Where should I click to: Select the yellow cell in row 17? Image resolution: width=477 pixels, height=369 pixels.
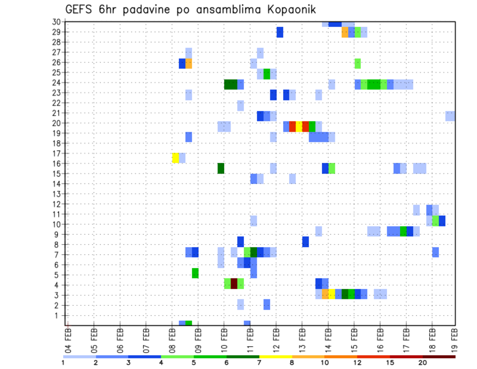pos(175,158)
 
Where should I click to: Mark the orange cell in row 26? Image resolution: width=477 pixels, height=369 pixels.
pos(189,63)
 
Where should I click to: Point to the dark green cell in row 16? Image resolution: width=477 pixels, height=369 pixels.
pos(221,168)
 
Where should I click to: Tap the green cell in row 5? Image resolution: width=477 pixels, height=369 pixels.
pos(195,273)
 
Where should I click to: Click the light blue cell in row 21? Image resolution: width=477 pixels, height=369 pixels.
pos(450,116)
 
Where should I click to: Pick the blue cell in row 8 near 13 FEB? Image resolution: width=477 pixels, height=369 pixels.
pos(306,242)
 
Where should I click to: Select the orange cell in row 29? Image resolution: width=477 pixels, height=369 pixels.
pos(345,32)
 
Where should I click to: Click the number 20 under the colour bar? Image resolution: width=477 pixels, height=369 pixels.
pos(423,363)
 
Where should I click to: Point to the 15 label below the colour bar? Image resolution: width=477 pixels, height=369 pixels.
pos(390,363)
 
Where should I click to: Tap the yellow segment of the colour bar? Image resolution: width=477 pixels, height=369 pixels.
pos(275,357)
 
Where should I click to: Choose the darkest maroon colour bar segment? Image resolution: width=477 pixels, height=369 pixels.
pos(439,357)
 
